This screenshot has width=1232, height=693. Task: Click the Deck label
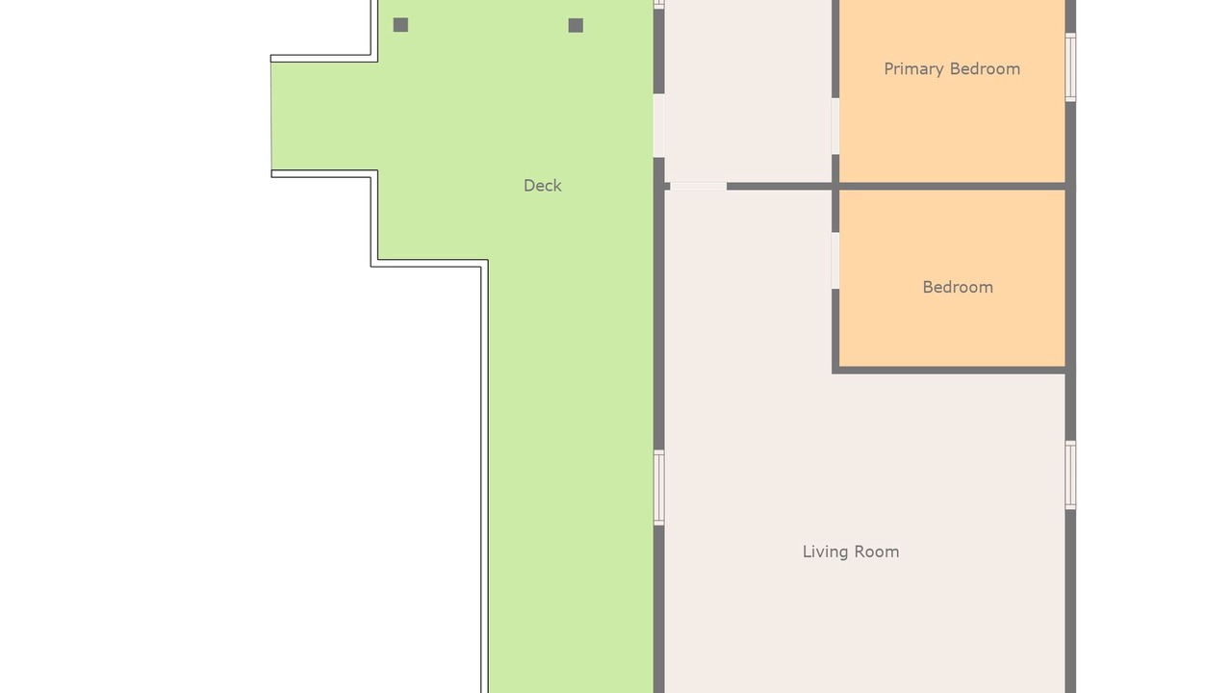coord(542,186)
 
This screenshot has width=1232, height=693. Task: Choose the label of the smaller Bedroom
coord(958,287)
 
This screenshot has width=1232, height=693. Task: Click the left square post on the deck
coord(400,25)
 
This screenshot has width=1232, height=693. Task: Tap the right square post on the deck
coord(576,25)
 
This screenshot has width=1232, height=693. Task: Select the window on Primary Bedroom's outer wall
coord(1070,67)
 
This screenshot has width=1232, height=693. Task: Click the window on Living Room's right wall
coord(1070,475)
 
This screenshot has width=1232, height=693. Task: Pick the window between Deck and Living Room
coord(659,488)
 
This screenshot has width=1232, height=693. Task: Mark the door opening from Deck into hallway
coord(659,126)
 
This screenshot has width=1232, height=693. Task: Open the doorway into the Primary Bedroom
coord(835,126)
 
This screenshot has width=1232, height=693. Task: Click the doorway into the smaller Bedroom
coord(835,261)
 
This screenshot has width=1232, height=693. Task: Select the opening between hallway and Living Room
coord(699,187)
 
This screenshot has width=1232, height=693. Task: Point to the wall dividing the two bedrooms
coord(953,187)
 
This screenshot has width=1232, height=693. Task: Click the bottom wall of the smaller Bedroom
coord(953,371)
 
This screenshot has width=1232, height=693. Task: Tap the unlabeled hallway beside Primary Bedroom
coord(748,90)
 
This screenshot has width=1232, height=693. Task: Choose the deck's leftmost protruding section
coord(324,116)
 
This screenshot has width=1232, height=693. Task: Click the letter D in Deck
coord(529,186)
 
